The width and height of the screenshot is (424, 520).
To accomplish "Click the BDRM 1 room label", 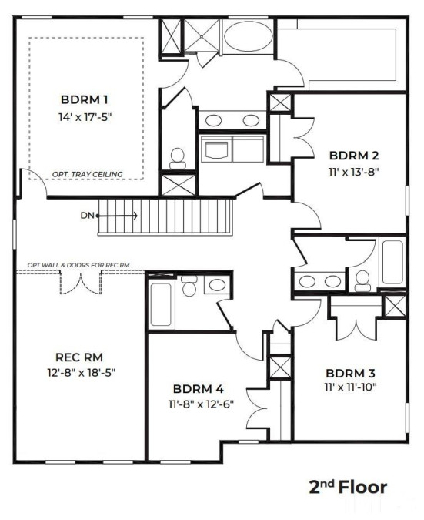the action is point(84,99).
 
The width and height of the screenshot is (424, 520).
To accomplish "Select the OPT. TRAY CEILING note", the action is point(88,174).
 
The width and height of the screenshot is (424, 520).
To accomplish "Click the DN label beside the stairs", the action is point(88,216).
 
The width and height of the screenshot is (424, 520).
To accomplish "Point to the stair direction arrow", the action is point(117,216).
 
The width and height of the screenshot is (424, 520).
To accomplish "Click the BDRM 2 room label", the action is point(354,155).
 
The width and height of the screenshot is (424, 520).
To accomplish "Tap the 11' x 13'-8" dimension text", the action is point(353,173).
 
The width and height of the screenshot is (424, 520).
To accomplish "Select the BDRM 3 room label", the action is point(350,374).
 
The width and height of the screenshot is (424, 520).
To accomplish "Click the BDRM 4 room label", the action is point(199,389).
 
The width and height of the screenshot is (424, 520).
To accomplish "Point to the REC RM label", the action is point(79,357).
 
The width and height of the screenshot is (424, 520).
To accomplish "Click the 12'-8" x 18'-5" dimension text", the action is point(81,373).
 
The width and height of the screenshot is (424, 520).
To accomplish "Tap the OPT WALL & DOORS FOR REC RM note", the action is point(78,265).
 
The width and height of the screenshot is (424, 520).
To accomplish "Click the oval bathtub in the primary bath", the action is point(248,36).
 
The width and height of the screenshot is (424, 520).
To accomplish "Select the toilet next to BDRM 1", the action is point(178,159).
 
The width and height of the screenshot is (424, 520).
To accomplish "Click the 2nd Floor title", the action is point(348,487).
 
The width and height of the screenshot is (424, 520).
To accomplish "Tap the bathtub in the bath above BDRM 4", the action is point(161,304).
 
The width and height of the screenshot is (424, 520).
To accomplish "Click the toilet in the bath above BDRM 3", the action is point(362,281).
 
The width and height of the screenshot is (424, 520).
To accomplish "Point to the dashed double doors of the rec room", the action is point(81,282).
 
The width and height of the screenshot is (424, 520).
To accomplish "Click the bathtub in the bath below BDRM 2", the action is point(393,262).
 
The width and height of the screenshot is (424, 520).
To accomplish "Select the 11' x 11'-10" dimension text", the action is point(351,387).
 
